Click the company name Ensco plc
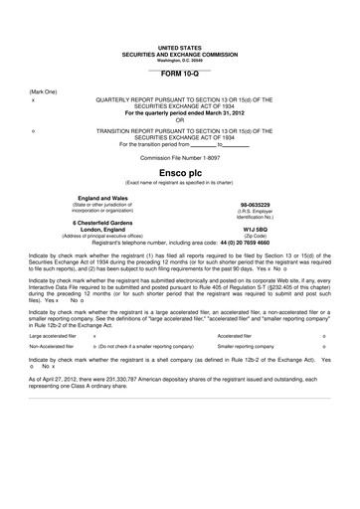point(179,170)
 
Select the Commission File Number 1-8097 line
point(179,156)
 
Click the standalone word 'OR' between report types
point(180,120)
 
